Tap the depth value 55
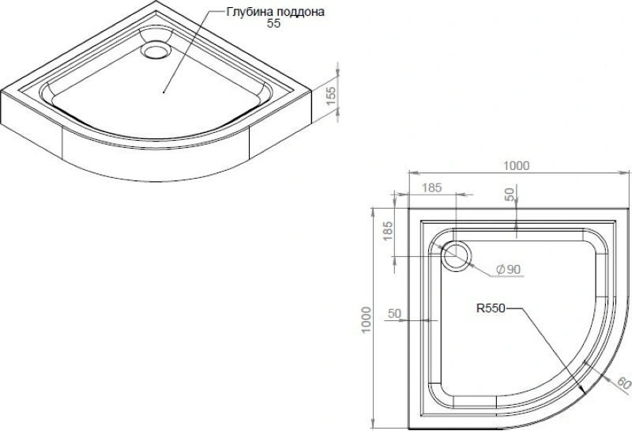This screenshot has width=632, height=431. tap(273, 24)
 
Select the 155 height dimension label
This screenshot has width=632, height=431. tap(330, 96)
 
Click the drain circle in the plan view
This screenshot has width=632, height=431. tap(457, 257)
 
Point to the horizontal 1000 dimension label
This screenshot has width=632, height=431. tap(517, 165)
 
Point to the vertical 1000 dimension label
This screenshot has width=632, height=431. tap(366, 320)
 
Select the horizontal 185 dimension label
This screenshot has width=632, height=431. tap(432, 187)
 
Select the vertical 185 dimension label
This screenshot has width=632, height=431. tap(388, 231)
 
